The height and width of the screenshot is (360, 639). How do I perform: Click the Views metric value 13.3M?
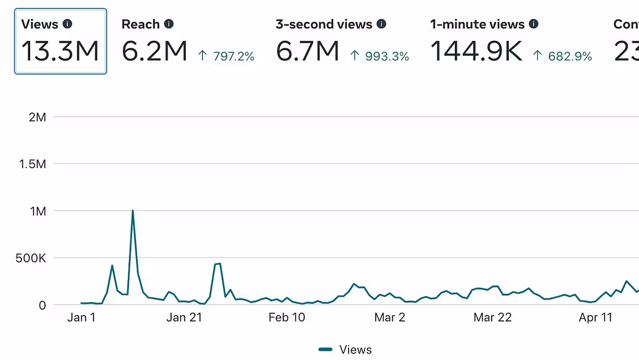pyautogui.click(x=60, y=52)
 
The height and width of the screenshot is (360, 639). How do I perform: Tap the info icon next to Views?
pyautogui.click(x=67, y=24)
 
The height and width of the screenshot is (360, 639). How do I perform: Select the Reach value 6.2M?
pyautogui.click(x=154, y=52)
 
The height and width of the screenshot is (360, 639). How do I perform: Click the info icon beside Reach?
pyautogui.click(x=169, y=24)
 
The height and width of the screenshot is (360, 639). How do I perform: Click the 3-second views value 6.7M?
pyautogui.click(x=308, y=52)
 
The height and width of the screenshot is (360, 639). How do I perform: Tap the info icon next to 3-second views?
pyautogui.click(x=382, y=24)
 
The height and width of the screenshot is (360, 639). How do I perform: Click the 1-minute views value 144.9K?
pyautogui.click(x=476, y=52)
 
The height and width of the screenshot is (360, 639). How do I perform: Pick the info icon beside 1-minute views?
pyautogui.click(x=534, y=24)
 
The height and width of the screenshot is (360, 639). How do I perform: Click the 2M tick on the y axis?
pyautogui.click(x=37, y=117)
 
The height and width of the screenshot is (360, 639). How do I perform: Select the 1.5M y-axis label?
pyautogui.click(x=33, y=164)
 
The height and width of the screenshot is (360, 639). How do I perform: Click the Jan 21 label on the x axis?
pyautogui.click(x=185, y=318)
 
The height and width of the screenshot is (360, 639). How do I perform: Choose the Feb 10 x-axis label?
pyautogui.click(x=287, y=318)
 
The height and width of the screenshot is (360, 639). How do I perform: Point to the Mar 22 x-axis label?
pyautogui.click(x=492, y=318)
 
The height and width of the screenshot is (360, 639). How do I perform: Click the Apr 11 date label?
pyautogui.click(x=596, y=318)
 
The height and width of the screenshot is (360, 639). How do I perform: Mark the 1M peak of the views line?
pyautogui.click(x=133, y=211)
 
